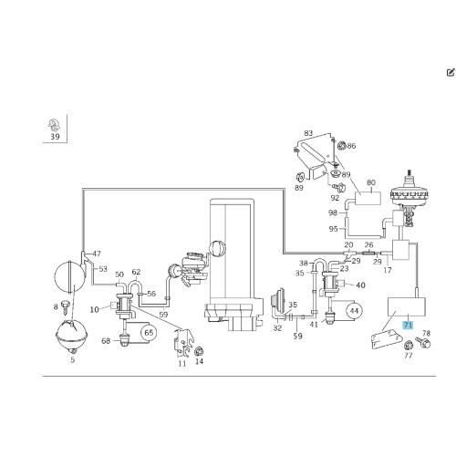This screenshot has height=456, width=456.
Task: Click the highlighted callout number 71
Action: pos(408,326)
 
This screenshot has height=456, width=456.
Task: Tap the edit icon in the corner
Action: pos(451,72)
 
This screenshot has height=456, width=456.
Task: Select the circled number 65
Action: pos(149,333)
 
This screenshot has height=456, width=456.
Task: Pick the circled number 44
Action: pos(354,311)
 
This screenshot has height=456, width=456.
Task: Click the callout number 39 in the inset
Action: pos(55,137)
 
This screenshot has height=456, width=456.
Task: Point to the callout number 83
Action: pos(308,133)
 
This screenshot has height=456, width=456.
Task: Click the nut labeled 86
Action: pos(341,146)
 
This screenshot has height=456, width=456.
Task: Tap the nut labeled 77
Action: pos(408,346)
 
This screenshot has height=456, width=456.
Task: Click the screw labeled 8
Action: pos(66,307)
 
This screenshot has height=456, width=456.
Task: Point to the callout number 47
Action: pos(97,254)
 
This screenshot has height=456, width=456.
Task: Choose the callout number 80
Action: pos(371,182)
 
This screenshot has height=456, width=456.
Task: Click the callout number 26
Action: pos(368,244)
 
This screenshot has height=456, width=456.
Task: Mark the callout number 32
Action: pos(277,328)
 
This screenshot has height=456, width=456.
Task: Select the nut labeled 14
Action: pos(199,351)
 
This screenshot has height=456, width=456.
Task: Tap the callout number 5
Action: pos(73,360)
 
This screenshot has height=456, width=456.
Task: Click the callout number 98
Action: pos(333,212)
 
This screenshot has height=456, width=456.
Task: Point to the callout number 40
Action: pos(360,285)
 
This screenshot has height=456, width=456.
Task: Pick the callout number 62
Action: pos(136,272)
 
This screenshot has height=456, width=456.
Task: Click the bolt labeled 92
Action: pos(338,187)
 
